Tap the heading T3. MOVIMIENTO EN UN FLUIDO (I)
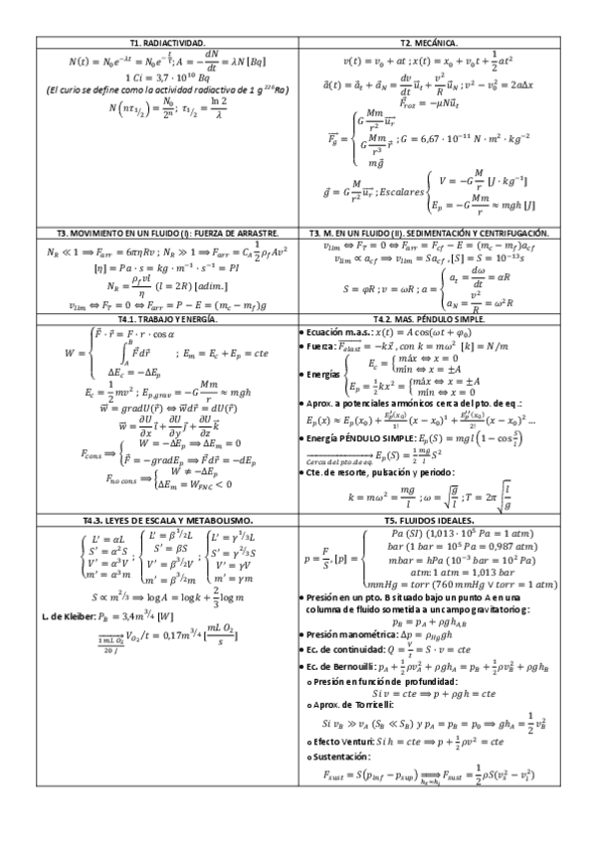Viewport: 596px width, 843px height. pyautogui.click(x=166, y=234)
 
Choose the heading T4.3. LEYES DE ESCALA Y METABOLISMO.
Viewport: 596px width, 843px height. pyautogui.click(x=166, y=521)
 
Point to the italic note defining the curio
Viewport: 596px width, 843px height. pyautogui.click(x=166, y=90)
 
